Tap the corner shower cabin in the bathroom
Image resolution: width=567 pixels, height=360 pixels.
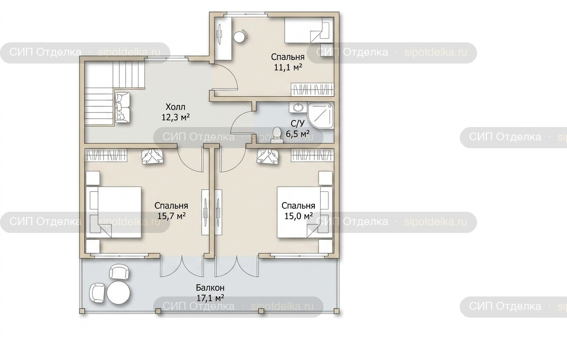click(321, 116)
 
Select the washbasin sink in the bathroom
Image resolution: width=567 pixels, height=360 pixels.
click(298, 107)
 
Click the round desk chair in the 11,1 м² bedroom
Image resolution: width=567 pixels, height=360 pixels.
click(240, 37)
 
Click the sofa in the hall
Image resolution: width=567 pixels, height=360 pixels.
click(123, 108)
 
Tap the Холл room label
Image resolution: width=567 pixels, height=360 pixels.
click(176, 107)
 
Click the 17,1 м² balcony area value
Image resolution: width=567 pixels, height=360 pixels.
click(210, 298)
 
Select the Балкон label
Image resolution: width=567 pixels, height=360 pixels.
click(210, 288)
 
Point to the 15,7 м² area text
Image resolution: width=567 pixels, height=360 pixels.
click(171, 216)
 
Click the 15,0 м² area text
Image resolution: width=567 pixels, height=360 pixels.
click(298, 216)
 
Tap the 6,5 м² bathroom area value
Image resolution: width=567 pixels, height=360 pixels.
click(298, 133)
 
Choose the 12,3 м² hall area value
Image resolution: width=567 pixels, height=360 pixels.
click(176, 117)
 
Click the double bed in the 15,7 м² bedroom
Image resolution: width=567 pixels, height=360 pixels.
click(114, 212)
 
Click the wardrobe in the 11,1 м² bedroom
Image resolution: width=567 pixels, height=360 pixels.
click(312, 90)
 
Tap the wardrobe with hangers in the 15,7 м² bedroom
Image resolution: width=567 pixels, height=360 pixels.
click(106, 155)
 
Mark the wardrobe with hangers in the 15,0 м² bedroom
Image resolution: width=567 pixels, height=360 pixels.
click(312, 155)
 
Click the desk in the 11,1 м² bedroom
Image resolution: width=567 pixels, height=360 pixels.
click(223, 39)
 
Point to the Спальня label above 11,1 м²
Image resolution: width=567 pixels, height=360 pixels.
click(288, 57)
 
